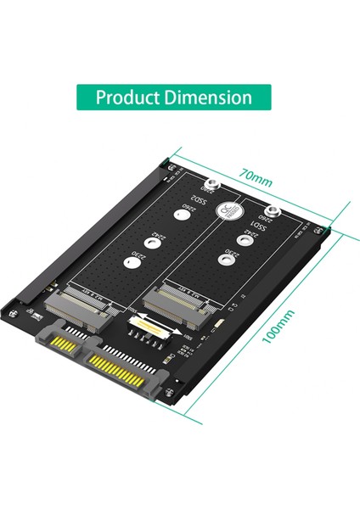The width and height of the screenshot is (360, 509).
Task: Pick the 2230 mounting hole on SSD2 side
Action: pyautogui.click(x=132, y=263)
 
